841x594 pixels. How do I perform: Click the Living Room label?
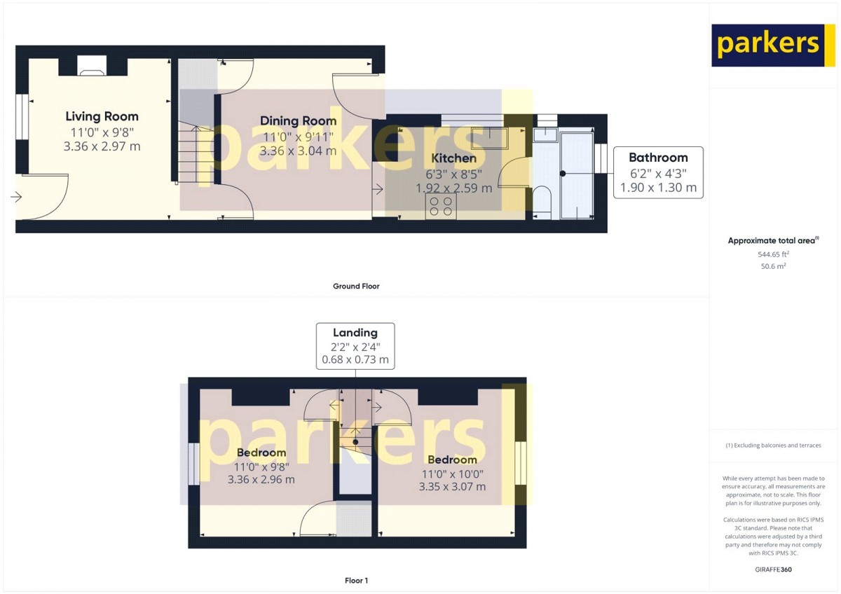(102, 116)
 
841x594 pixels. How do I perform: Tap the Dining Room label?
(298, 120)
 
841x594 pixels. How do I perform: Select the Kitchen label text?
(453, 158)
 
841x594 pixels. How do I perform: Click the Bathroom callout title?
(658, 157)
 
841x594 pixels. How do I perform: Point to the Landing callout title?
(355, 333)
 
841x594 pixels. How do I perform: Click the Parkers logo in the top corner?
(768, 46)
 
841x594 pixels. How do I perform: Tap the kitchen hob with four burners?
(441, 206)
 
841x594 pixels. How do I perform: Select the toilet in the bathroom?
(542, 202)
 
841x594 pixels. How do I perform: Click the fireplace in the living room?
(92, 66)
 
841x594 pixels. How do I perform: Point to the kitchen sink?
(490, 138)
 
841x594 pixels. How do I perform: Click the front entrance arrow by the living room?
(16, 196)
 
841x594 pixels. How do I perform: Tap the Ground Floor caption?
(356, 286)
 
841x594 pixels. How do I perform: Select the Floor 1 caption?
(356, 581)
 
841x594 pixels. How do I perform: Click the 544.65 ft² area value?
(773, 254)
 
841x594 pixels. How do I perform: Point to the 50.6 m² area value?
(773, 266)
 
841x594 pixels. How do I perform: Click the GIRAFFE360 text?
(773, 569)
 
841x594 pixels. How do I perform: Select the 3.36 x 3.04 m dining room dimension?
(298, 151)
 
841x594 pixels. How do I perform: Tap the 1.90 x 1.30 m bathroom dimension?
(658, 187)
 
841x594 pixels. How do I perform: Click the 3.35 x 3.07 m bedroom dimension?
(452, 487)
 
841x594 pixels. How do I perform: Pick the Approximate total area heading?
(773, 240)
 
